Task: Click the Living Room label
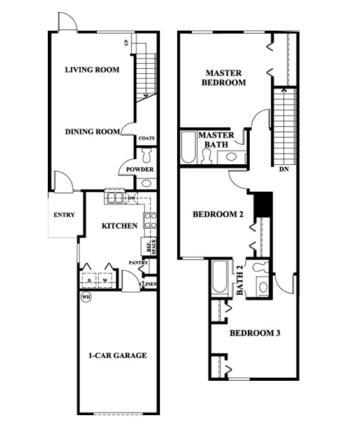(92, 70)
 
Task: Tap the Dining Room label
(92, 132)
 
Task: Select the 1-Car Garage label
(118, 355)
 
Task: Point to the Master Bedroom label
(224, 77)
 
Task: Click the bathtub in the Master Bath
(189, 148)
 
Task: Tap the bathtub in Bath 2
(220, 277)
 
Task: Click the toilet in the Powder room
(147, 155)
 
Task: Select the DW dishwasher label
(131, 199)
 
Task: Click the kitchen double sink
(115, 198)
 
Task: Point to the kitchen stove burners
(151, 220)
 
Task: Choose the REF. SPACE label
(150, 246)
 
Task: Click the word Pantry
(138, 262)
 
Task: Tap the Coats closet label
(147, 138)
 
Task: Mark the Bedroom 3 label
(255, 333)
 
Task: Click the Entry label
(64, 215)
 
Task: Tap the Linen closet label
(150, 284)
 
